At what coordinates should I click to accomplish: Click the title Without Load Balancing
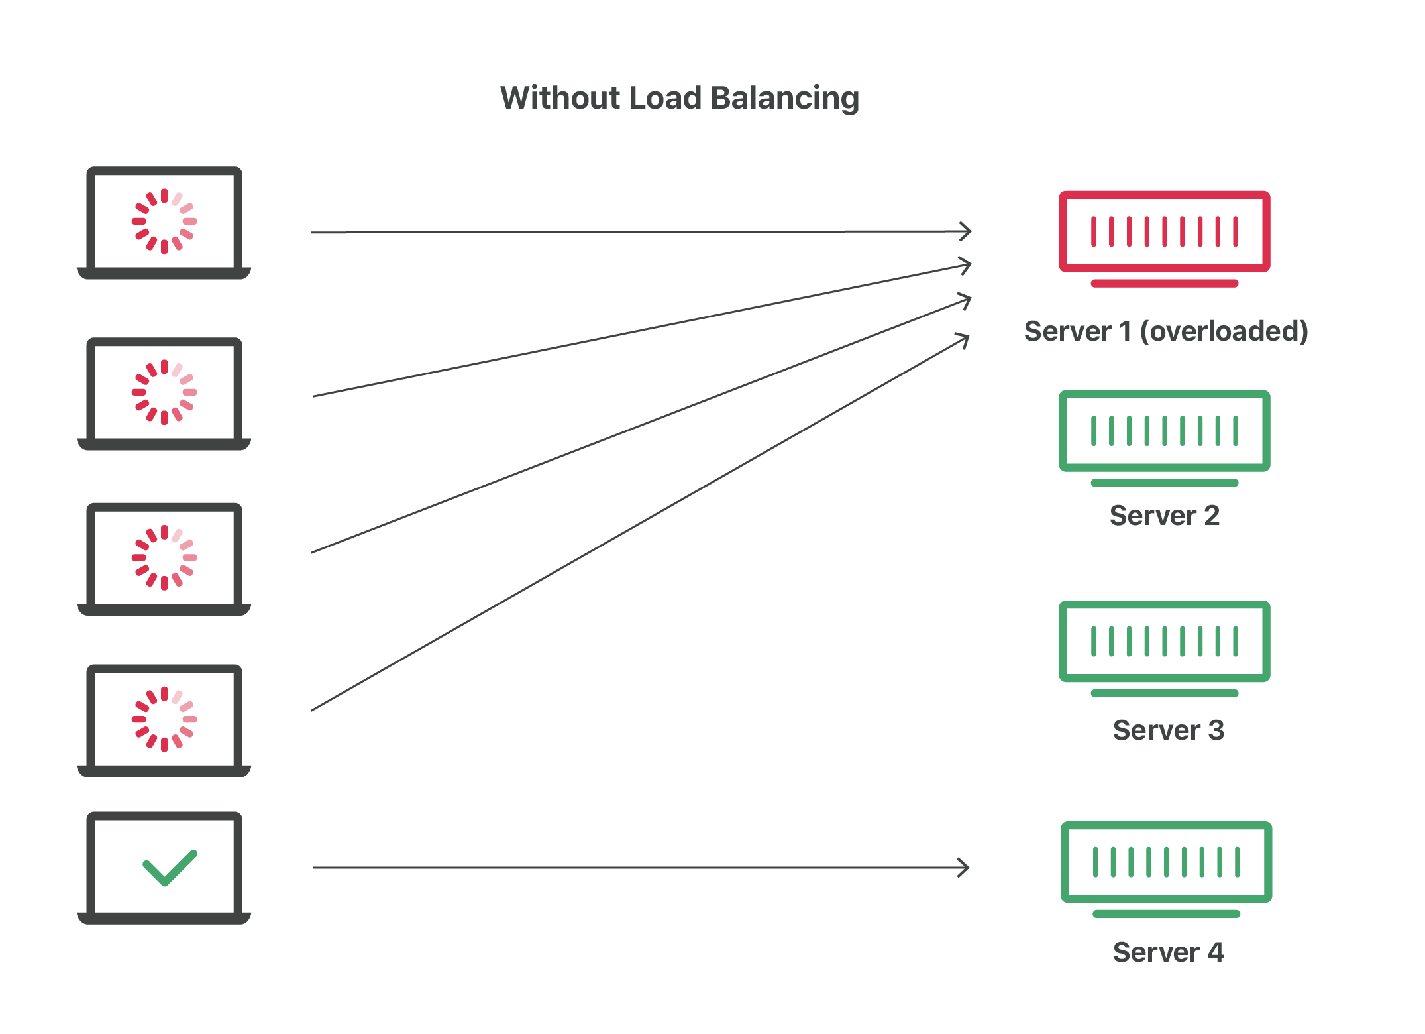(679, 98)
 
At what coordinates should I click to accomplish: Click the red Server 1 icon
(1164, 231)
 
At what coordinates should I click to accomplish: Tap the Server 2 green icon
(1164, 431)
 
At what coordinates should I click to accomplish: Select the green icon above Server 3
(1164, 641)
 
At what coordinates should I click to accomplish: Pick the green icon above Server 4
(1166, 862)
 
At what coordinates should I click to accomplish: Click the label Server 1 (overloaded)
(1166, 331)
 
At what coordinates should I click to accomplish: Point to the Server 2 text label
(1164, 516)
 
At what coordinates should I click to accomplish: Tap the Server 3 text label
(1168, 730)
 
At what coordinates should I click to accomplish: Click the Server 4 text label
(1168, 952)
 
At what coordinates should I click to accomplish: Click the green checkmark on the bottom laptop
(170, 867)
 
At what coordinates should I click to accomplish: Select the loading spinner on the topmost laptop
(164, 221)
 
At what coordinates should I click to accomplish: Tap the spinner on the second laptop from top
(164, 392)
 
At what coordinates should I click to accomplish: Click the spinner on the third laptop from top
(164, 557)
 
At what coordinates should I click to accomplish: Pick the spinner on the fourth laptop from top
(164, 719)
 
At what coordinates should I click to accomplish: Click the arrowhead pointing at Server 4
(965, 867)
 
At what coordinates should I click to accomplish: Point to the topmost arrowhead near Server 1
(966, 231)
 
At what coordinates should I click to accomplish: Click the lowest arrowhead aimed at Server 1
(964, 340)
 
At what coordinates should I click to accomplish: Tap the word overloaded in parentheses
(1224, 331)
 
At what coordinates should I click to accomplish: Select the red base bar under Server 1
(1164, 283)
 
